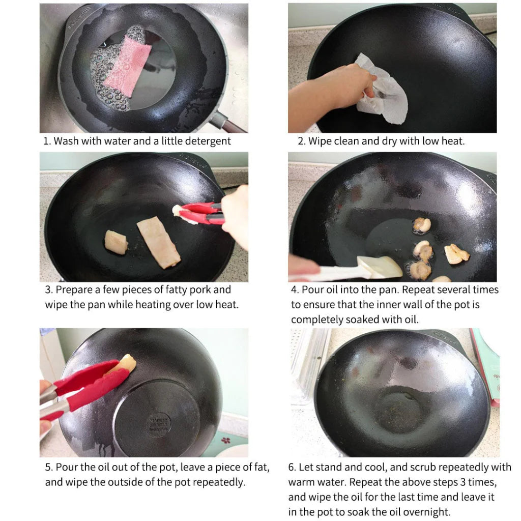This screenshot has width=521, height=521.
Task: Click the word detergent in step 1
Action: click(x=207, y=141)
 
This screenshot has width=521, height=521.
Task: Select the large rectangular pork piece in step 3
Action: click(x=158, y=241)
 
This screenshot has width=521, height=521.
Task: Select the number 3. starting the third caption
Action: click(x=49, y=290)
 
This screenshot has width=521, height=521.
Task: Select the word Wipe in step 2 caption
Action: click(x=320, y=141)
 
